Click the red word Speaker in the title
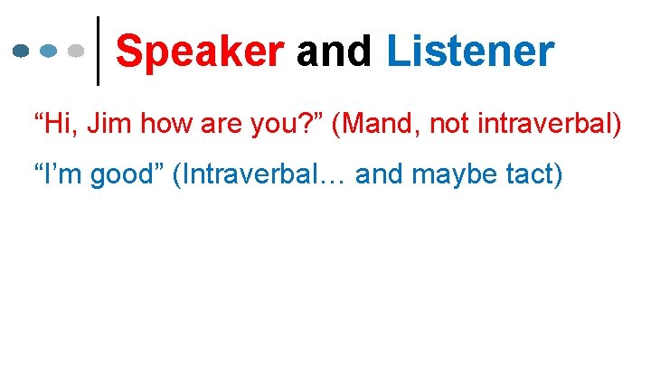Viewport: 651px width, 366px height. pos(200,52)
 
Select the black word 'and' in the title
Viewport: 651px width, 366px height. pos(335,52)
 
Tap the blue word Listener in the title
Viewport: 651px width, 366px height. pos(469,52)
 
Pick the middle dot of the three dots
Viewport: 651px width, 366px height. pos(51,51)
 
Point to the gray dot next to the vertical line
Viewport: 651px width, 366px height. pos(78,51)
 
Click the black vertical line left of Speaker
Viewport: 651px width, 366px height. pos(98,51)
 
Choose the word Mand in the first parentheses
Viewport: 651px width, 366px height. pos(379,124)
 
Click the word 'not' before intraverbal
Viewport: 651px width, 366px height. pos(448,124)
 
